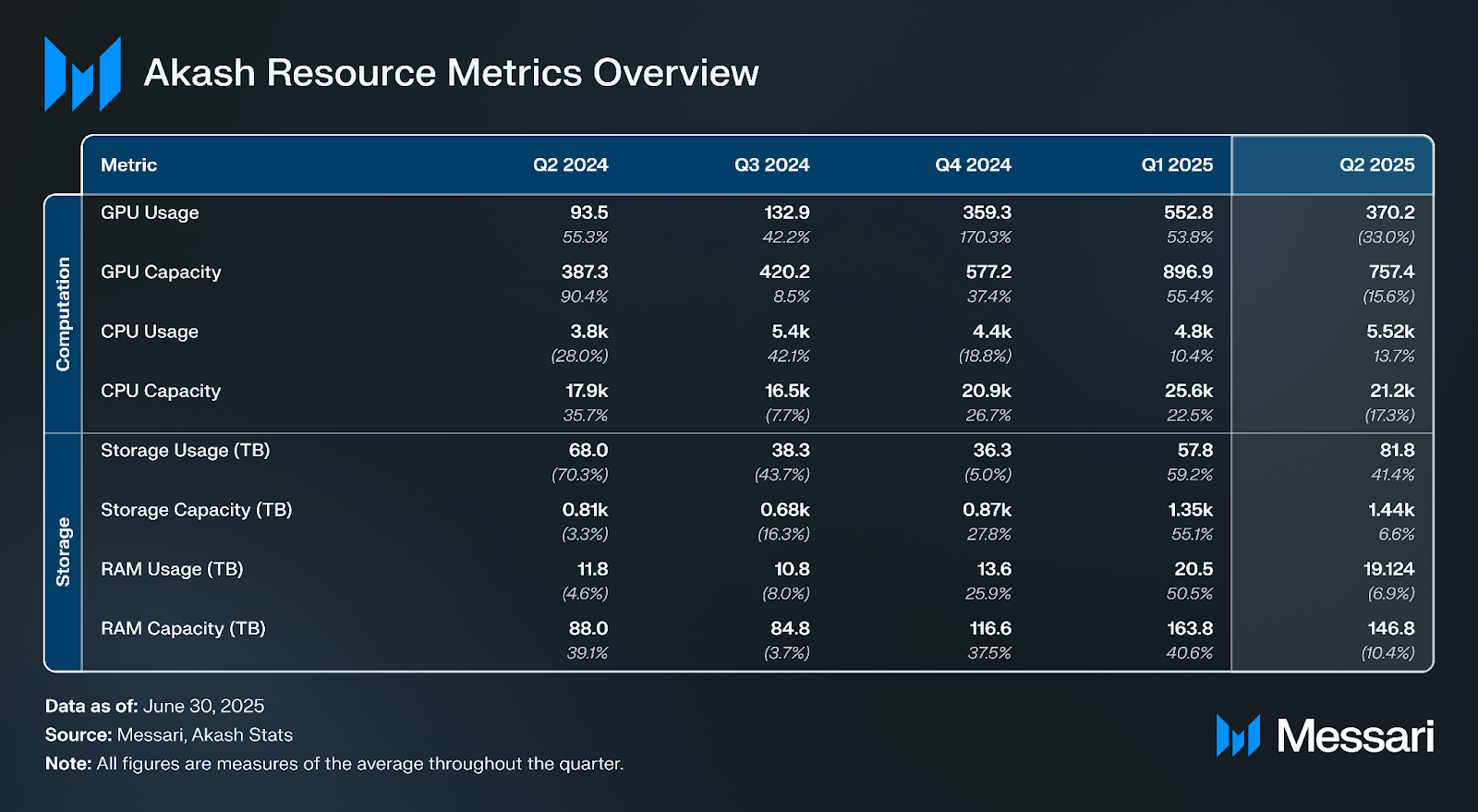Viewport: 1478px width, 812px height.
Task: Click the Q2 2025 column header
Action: point(1376,165)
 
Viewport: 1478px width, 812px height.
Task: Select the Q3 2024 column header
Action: point(771,165)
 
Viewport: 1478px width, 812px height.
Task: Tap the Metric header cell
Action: point(128,165)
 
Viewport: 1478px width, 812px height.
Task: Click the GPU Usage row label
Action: point(150,212)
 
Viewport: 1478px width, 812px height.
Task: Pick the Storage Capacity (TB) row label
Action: point(196,510)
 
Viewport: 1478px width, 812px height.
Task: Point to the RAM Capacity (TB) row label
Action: point(183,629)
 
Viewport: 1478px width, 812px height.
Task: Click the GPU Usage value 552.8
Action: point(1188,212)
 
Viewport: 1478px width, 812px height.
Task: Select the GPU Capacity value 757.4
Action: point(1391,273)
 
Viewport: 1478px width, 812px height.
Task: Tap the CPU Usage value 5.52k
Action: point(1390,332)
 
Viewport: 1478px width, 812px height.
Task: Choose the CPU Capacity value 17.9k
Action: point(587,391)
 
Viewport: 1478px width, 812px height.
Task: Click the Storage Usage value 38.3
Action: point(790,451)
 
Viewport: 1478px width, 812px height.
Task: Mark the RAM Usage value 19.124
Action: point(1388,569)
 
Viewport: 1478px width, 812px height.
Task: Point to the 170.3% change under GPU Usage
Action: point(985,237)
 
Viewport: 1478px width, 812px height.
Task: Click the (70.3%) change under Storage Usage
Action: point(579,475)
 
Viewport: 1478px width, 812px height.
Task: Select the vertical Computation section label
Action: point(63,314)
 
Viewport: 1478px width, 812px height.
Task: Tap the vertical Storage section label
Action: point(63,551)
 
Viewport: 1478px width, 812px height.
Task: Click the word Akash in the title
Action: point(200,73)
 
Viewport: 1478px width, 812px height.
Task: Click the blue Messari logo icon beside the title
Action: point(82,74)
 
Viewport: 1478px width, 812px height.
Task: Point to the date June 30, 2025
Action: point(203,707)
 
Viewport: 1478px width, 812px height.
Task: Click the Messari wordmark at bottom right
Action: point(1354,736)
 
